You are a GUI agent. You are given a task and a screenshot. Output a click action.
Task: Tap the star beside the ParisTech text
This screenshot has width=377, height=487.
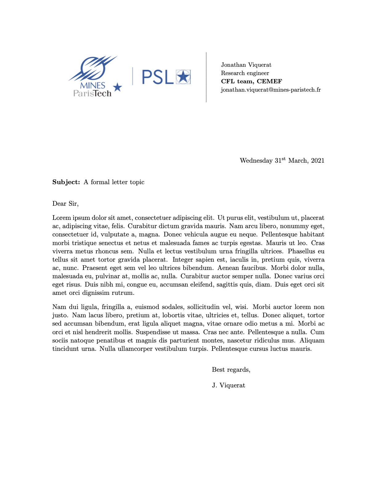click(x=117, y=87)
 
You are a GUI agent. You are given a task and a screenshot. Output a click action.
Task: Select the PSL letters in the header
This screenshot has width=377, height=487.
click(x=157, y=77)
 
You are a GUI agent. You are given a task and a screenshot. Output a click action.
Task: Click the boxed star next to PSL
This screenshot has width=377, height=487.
click(x=183, y=77)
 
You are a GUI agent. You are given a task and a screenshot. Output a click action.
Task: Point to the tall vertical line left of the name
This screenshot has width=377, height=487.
click(x=206, y=77)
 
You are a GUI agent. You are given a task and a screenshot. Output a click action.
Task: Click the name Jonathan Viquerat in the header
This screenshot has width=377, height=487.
click(x=246, y=65)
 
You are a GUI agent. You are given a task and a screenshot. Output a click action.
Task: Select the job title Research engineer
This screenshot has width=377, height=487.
click(x=245, y=73)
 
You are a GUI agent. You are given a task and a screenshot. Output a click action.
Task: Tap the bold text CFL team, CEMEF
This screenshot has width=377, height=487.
click(x=251, y=81)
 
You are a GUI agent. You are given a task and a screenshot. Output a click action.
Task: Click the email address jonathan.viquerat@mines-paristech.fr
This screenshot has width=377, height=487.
click(x=271, y=90)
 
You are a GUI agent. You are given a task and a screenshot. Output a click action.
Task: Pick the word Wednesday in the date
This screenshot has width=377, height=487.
click(x=256, y=161)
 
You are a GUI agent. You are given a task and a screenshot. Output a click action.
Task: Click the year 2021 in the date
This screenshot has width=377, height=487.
click(x=318, y=161)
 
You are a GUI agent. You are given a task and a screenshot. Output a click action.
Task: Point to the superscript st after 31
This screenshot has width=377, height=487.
click(x=284, y=159)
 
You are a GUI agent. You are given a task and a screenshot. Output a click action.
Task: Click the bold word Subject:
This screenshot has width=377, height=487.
click(x=66, y=182)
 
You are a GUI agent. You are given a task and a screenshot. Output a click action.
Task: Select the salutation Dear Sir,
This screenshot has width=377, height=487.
click(x=65, y=204)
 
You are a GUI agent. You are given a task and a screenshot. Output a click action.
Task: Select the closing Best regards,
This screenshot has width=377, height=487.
click(x=231, y=370)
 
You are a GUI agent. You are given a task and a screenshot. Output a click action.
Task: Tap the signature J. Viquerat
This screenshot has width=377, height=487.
click(x=229, y=386)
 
